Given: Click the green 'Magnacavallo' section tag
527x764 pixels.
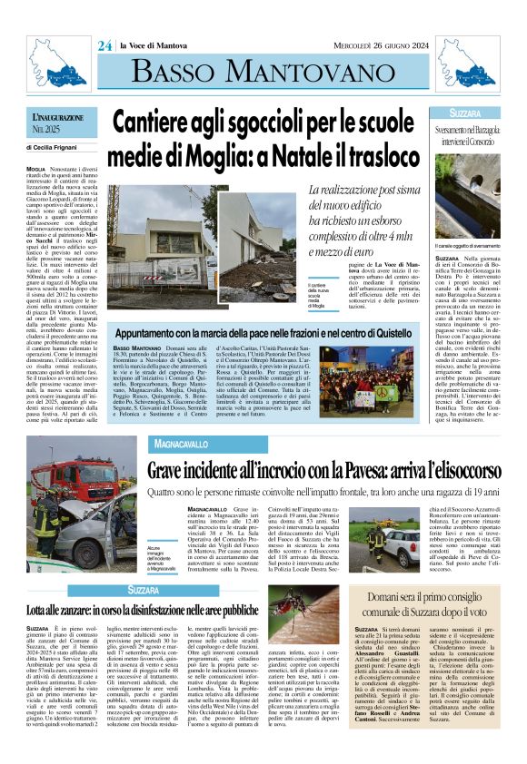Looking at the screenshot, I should click(x=183, y=445).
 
